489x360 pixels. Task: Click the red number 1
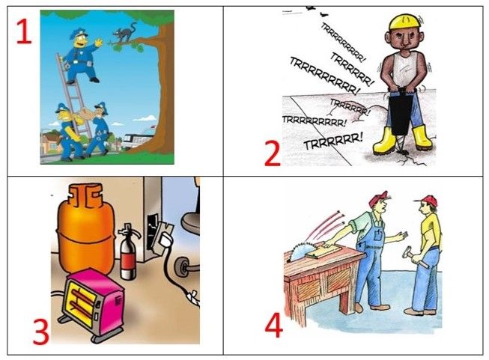[24, 31]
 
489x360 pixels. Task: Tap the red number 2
[273, 153]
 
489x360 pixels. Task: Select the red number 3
[41, 332]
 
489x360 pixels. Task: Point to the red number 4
[274, 325]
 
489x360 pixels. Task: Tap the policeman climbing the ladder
[82, 56]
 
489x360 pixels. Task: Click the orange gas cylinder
[85, 229]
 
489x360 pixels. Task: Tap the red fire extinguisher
[128, 251]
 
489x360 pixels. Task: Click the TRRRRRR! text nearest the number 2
[333, 143]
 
